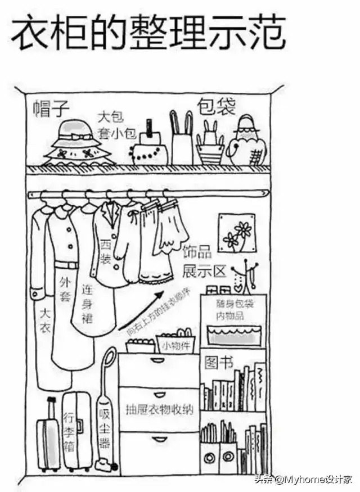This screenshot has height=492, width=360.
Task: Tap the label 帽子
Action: click(51, 109)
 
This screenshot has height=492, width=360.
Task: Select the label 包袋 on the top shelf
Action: click(215, 106)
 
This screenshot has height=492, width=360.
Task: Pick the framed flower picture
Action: click(237, 233)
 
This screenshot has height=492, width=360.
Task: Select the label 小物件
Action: click(174, 345)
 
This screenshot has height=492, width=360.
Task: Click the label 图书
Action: click(219, 362)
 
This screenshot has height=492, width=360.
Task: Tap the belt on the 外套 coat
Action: click(66, 265)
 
